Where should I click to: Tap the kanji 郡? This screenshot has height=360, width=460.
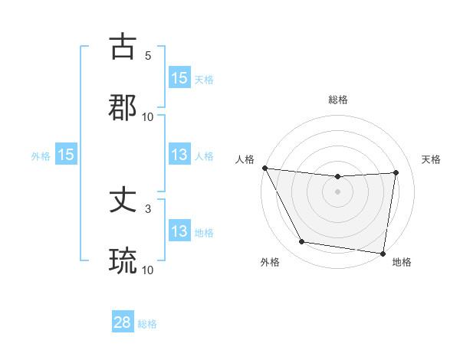(123, 108)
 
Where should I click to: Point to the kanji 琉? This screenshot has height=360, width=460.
(123, 261)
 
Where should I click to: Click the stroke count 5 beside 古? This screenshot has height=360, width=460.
(148, 56)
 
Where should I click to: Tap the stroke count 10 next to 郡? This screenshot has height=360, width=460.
(148, 117)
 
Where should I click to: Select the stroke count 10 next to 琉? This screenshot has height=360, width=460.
(148, 270)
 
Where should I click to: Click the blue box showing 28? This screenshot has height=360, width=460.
(123, 322)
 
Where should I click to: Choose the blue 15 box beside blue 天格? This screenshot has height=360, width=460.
(179, 78)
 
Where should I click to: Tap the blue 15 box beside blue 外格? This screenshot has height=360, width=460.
(66, 155)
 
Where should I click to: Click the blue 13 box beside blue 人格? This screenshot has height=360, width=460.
(179, 155)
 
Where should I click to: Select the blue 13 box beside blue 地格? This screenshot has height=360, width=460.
(179, 231)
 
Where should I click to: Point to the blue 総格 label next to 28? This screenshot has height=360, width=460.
(147, 324)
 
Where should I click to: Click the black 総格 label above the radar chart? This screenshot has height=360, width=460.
(337, 100)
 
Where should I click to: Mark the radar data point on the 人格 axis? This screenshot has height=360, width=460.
(264, 168)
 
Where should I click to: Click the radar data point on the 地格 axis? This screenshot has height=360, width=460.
(383, 253)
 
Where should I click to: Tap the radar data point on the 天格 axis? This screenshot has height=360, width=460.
(396, 172)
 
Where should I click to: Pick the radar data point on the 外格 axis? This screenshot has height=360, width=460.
(302, 242)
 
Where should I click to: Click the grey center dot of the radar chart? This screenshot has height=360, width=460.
(337, 191)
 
